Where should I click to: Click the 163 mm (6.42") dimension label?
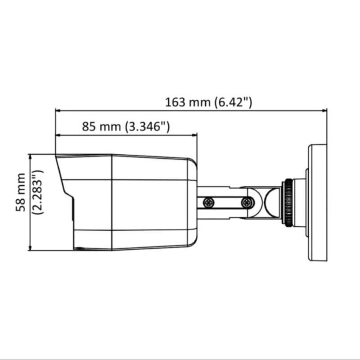click(x=208, y=102)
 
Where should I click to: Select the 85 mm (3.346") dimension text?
click(x=126, y=126)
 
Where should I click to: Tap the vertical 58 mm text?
click(x=20, y=192)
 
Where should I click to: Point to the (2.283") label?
click(x=37, y=192)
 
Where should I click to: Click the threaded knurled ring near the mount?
click(x=288, y=202)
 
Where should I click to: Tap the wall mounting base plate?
click(x=317, y=202)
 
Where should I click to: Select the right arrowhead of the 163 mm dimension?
click(x=324, y=111)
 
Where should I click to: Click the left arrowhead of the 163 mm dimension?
click(x=58, y=111)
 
